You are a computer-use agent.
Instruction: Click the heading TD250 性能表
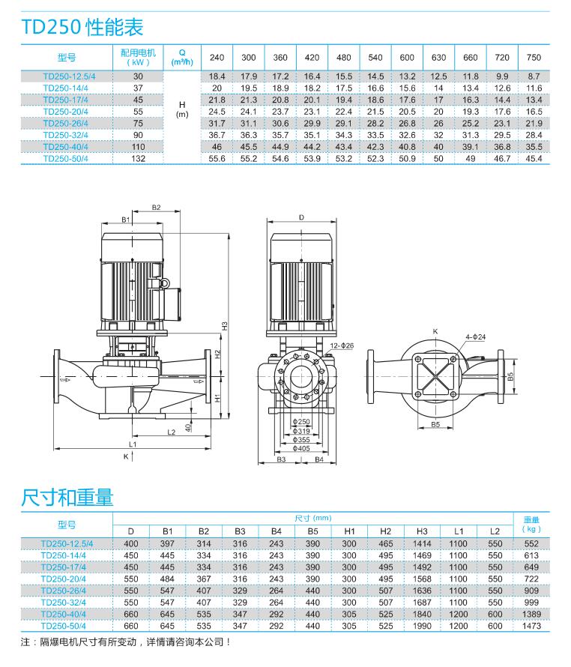(82, 28)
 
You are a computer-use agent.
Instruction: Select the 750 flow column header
(534, 58)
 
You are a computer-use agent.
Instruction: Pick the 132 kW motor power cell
(137, 158)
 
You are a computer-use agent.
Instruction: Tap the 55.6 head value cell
(217, 158)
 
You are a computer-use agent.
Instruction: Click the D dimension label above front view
(301, 217)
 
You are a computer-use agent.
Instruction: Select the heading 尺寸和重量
(68, 496)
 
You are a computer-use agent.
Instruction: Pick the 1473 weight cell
(531, 624)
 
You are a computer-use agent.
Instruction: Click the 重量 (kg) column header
(531, 524)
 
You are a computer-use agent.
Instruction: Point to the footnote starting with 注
(124, 642)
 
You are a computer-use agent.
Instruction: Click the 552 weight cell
(531, 544)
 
